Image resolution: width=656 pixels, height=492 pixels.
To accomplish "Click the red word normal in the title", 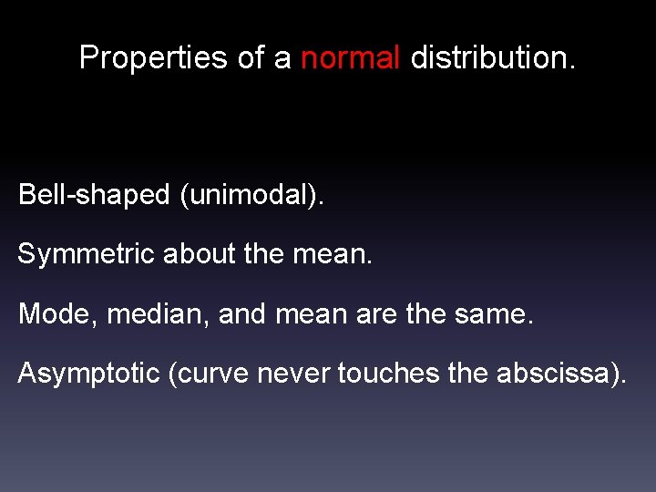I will [x=351, y=57].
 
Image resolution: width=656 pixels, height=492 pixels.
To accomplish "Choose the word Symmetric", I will [x=87, y=254].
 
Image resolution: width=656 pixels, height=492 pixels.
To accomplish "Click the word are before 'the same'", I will [x=374, y=314].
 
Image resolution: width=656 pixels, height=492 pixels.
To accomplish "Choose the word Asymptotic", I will [x=89, y=374].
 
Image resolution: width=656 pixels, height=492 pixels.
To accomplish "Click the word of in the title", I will [x=251, y=57].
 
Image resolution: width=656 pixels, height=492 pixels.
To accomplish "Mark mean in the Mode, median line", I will [x=315, y=314].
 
